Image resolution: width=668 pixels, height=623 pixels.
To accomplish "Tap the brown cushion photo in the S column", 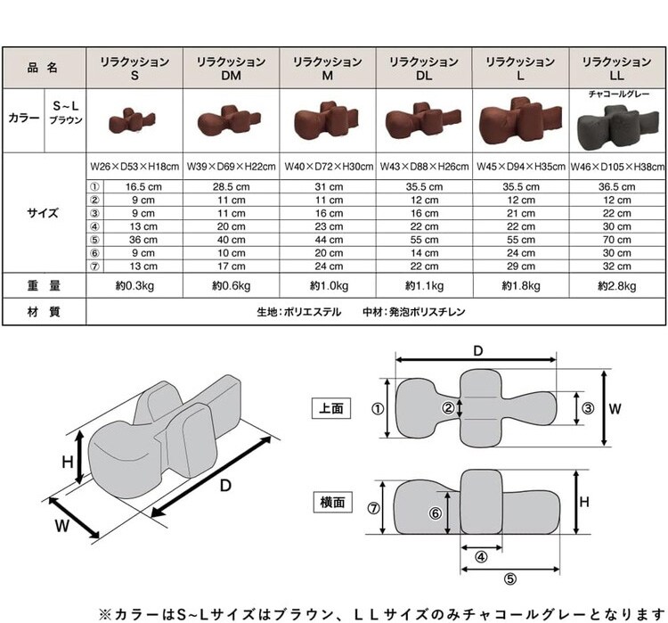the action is coord(132,121).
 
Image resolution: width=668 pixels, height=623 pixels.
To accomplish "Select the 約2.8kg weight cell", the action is coord(617,286).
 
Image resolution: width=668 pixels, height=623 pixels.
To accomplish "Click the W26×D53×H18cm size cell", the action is coord(134,167).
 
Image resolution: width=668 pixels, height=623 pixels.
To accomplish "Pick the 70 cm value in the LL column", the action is coord(617,240).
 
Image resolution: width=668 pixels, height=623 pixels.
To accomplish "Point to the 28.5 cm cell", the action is coord(232,187).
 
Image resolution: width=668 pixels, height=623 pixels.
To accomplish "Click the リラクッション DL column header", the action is coord(424,69).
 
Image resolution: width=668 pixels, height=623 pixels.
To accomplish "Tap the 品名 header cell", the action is coord(43,68).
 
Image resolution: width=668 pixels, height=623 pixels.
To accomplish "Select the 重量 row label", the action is coord(44,285).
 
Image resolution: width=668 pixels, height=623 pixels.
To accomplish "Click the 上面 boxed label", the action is coord(331,408).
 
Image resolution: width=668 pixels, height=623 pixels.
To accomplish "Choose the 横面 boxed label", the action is coord(332,502).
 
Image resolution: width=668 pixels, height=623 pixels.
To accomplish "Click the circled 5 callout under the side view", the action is coord(510,578).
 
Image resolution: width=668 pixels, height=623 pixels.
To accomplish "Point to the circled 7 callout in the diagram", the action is coord(373,508).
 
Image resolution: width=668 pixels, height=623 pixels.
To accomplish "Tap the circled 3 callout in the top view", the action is coord(588,408).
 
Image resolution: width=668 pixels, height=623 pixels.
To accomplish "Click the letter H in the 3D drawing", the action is coord(68,462).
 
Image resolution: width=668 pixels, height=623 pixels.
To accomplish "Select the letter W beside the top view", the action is coord(615,409).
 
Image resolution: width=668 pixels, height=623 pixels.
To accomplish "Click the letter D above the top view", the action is coord(478,351).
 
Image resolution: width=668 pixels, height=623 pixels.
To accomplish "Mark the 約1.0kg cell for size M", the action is coord(329,286).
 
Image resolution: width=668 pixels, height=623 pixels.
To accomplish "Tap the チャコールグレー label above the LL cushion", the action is coord(619,94).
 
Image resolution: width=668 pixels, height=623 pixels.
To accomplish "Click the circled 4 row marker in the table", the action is coord(94,226).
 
